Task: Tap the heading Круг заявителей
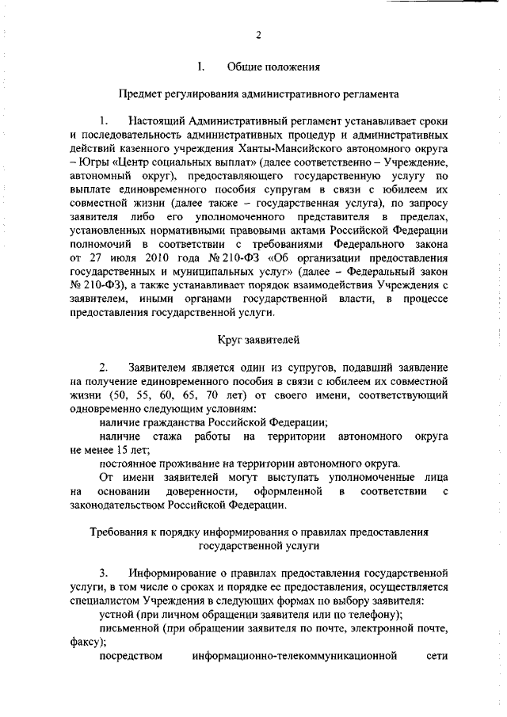point(257,341)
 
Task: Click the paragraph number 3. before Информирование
point(104,572)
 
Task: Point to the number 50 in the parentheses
point(121,395)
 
